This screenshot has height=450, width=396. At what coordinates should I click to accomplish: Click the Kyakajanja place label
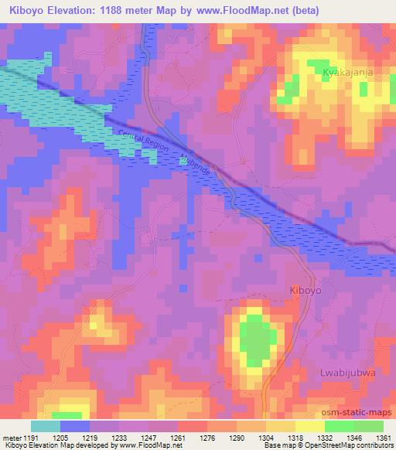[349, 72]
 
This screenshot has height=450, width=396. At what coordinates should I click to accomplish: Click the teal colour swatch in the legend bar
[46, 426]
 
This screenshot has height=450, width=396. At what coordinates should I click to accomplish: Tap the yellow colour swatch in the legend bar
[310, 426]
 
